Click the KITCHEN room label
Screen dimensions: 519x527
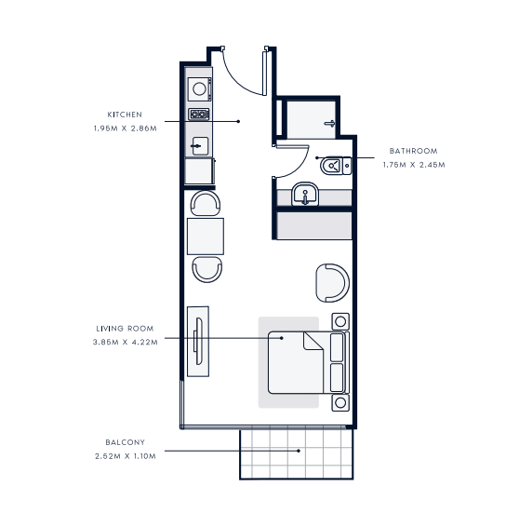coord(125,115)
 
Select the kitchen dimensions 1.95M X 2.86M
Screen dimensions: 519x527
coord(126,128)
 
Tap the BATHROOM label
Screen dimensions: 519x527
coord(414,151)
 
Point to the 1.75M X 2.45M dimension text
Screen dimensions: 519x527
coord(414,165)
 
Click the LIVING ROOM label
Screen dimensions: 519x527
coord(125,329)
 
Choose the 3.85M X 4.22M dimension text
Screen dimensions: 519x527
coord(126,342)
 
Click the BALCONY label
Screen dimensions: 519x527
coord(126,442)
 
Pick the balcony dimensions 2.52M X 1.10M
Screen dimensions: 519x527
coord(126,456)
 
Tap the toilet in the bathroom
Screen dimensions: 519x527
coord(336,166)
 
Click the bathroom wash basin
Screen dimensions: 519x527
coord(305,194)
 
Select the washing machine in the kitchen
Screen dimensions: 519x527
coord(199,89)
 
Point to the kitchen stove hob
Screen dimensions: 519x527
coord(199,115)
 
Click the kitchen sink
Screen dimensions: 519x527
coord(200,146)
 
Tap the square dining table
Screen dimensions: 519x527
coord(206,236)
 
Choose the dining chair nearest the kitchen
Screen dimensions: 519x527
coord(206,203)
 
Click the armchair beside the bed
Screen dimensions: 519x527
coord(332,283)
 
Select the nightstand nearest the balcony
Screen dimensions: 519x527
coord(340,402)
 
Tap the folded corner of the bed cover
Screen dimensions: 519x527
coord(312,341)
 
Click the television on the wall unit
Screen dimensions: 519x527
coord(198,341)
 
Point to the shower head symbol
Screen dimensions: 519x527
coord(330,124)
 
